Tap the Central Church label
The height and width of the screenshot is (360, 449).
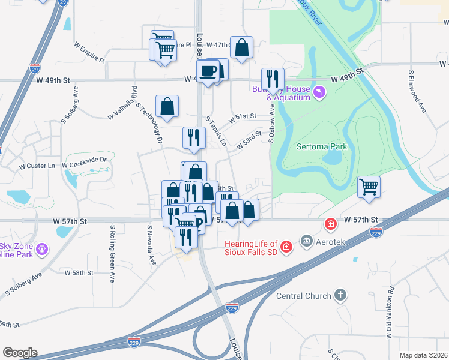coord(304,296)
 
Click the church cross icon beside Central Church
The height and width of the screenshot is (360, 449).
coord(340,295)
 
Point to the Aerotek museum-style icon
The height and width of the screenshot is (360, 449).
coord(307,241)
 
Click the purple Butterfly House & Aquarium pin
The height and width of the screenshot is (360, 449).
coord(319,91)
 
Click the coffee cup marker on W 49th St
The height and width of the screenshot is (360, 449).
coord(208,71)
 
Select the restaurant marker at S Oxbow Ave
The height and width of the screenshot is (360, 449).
coord(273,79)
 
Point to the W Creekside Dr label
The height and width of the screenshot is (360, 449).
coord(86,160)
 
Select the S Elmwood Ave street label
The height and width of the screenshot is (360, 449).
coord(412,92)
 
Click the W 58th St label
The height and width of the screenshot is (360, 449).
coord(79,272)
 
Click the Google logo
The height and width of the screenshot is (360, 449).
coord(20,353)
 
